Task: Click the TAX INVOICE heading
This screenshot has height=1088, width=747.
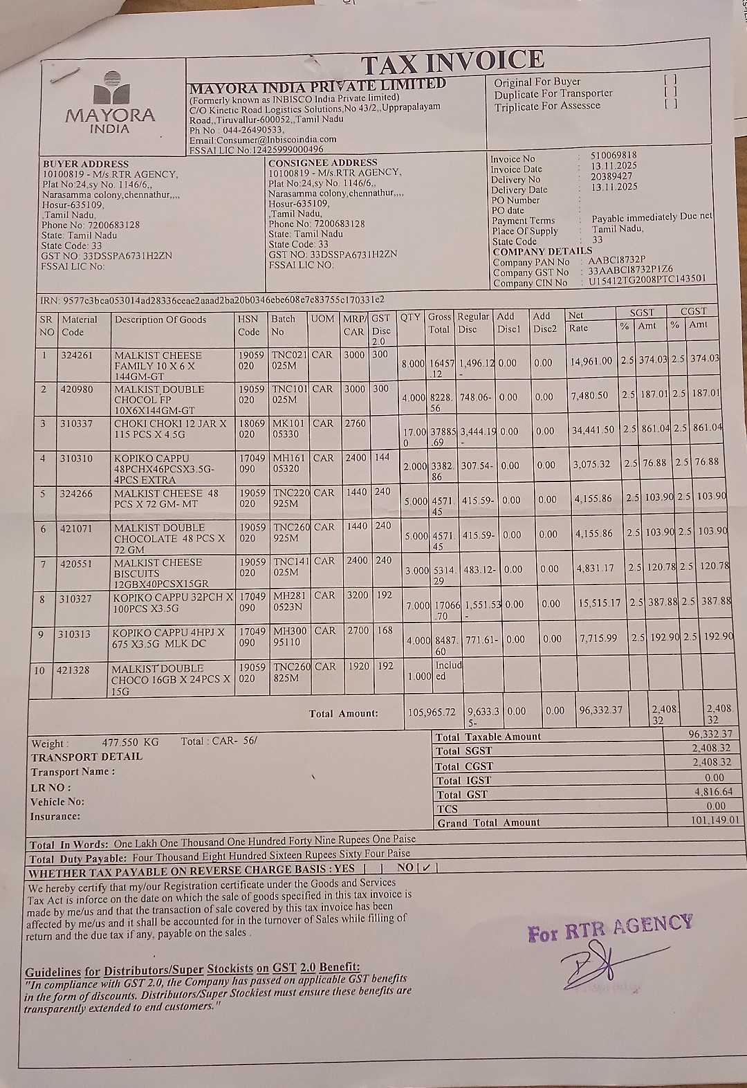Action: click(452, 63)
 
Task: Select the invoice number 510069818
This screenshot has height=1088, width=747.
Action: click(614, 156)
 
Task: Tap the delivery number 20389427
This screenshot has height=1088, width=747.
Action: click(611, 176)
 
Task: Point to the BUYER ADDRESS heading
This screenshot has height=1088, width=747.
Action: click(76, 164)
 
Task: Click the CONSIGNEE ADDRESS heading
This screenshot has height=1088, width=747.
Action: click(322, 163)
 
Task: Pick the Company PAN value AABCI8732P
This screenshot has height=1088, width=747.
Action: click(617, 259)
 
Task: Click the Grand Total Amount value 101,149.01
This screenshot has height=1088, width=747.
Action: click(715, 820)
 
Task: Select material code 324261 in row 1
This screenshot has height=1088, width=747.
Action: click(76, 355)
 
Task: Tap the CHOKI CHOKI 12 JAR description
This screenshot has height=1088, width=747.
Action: click(169, 429)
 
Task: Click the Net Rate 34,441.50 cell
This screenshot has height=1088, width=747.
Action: click(593, 430)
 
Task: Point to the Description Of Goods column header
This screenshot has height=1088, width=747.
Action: click(160, 320)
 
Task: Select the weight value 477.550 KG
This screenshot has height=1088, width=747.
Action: click(130, 742)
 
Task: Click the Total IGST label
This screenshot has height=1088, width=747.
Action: click(463, 780)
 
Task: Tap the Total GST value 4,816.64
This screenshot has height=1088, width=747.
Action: click(713, 792)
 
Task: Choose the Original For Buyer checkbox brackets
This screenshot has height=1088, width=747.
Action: click(669, 80)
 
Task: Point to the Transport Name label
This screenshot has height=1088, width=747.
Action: click(73, 772)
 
